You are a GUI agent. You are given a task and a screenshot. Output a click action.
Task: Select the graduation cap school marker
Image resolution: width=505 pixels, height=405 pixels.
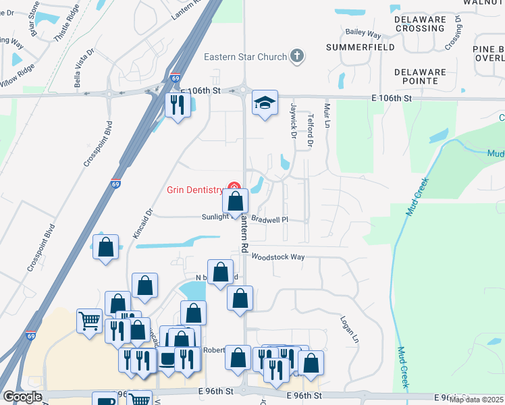pos(265,103)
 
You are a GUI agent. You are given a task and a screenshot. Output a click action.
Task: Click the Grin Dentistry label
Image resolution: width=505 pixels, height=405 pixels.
pos(195,190)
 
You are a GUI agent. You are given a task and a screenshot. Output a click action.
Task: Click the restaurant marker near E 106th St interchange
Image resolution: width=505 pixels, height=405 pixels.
pos(178,105)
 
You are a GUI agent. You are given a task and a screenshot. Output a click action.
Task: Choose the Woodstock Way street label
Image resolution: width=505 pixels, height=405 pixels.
pos(278,256)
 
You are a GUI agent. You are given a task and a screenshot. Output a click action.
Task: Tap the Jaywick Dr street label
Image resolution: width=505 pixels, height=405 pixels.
pos(294,121)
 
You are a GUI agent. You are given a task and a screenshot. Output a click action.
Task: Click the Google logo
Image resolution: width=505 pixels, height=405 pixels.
pos(22,397)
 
